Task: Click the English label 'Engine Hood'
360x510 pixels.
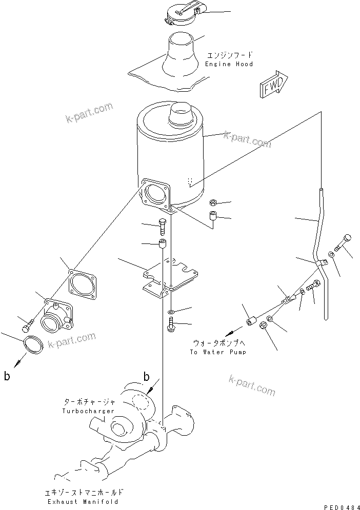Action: [x=229, y=64]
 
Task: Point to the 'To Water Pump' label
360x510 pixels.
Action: [x=218, y=352]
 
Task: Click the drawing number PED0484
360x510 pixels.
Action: [x=338, y=505]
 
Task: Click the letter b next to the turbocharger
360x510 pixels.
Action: [x=146, y=378]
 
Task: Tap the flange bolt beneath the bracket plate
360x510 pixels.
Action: [x=170, y=324]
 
